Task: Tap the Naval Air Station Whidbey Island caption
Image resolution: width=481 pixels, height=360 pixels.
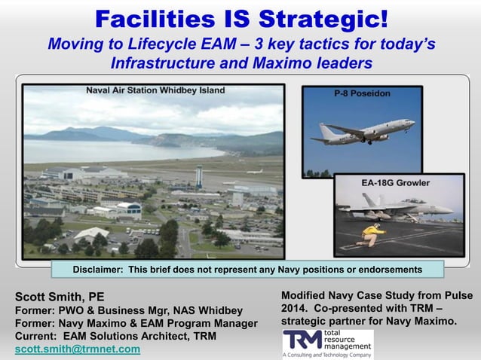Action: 155,90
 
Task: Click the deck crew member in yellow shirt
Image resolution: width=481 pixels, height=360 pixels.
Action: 368,230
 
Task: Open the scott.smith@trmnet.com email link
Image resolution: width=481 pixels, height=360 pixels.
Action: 78,349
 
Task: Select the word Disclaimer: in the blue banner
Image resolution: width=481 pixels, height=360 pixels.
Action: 99,270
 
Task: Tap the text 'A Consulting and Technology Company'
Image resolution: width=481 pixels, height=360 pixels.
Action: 327,353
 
